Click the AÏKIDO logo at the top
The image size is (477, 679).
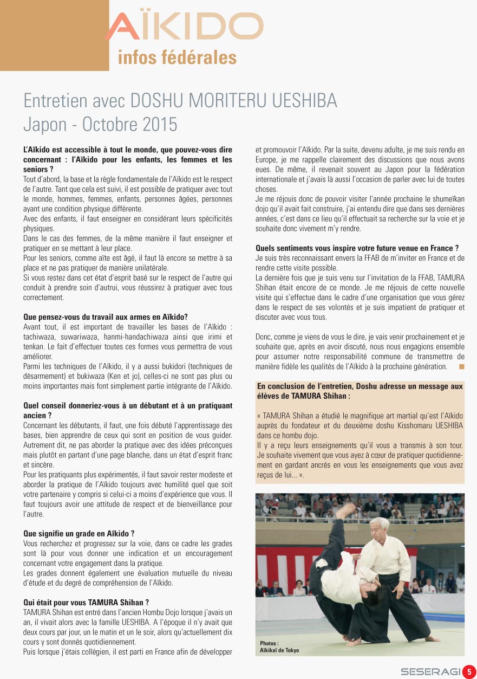coord(184,27)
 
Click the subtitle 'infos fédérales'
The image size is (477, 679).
coord(177,57)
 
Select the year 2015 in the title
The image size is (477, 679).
coord(160,124)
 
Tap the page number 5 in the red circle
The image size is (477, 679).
coord(469,671)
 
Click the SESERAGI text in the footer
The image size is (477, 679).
coord(430,672)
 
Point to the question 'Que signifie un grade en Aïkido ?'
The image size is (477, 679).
coord(79,534)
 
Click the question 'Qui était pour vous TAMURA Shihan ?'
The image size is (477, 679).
coord(86,602)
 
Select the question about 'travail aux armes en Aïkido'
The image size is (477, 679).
coord(106,317)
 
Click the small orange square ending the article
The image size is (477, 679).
coord(461,367)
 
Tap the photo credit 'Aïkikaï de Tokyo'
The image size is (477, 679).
coord(279,650)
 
